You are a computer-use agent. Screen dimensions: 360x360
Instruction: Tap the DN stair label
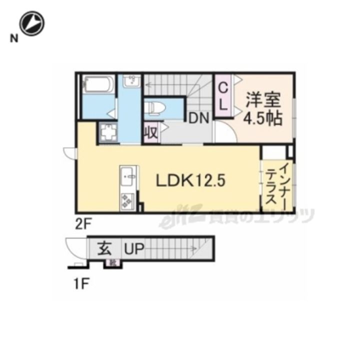pyautogui.click(x=199, y=118)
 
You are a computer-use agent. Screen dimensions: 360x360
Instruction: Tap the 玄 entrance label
pyautogui.click(x=104, y=248)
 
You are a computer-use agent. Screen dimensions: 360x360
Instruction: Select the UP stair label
pyautogui.click(x=133, y=248)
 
